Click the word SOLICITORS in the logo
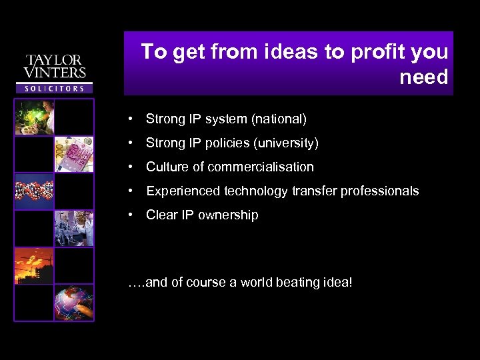[x=55, y=88]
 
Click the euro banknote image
[x=73, y=154]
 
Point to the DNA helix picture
[x=34, y=191]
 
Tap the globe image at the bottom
[x=74, y=303]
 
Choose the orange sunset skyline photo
[x=34, y=265]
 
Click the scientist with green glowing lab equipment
[x=34, y=117]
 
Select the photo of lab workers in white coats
[x=74, y=229]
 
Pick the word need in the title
[x=423, y=77]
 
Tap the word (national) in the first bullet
[x=279, y=119]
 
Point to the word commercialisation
[x=261, y=167]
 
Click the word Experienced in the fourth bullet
[x=183, y=191]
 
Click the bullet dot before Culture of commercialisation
[x=134, y=167]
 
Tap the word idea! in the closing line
[x=336, y=283]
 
